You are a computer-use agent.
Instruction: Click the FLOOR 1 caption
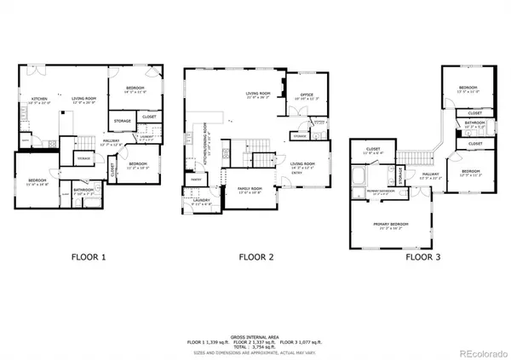87,255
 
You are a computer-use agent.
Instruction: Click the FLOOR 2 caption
255,255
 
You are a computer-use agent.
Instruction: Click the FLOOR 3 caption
422,255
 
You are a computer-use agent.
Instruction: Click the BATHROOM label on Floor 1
83,190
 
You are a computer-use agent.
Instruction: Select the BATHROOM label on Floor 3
474,122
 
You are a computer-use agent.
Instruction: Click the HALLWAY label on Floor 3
431,176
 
